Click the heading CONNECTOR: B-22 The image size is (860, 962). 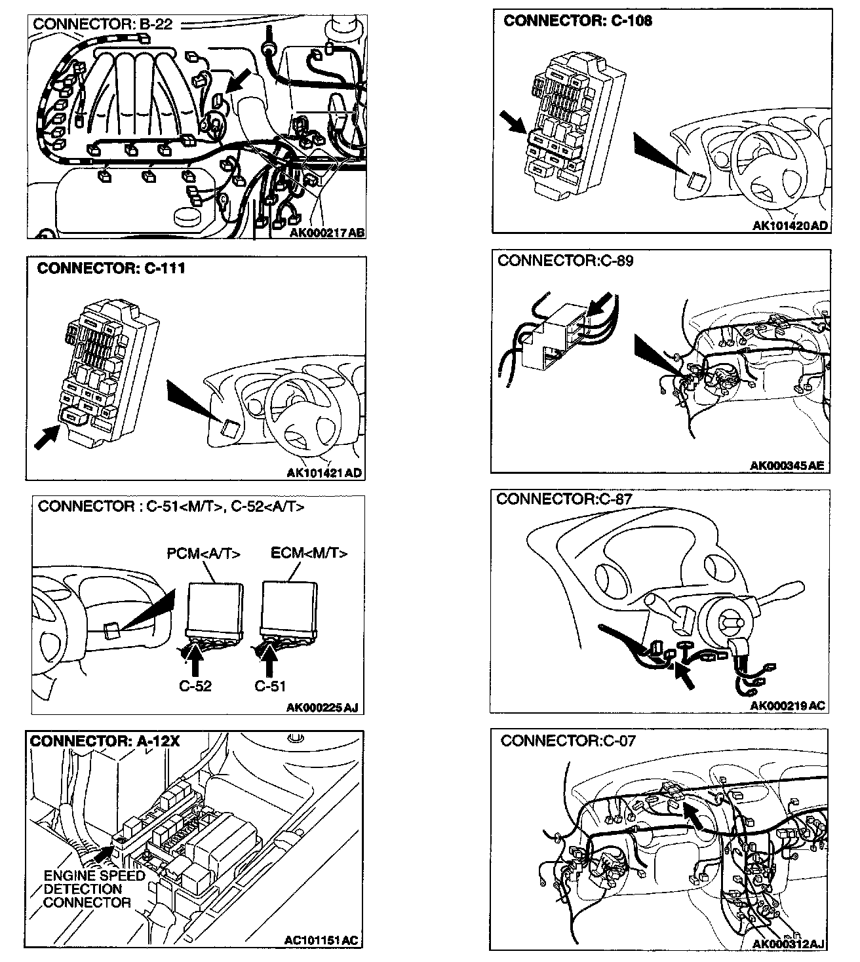(102, 24)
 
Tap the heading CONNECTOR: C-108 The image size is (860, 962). (577, 20)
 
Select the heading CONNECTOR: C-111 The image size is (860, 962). (111, 269)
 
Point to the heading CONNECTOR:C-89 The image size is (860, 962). (565, 261)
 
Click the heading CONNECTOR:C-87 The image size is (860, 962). (564, 499)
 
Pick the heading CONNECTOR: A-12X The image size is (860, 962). (105, 741)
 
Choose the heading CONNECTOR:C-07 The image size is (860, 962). (568, 741)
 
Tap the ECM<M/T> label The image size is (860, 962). (309, 553)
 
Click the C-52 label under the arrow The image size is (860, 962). (195, 687)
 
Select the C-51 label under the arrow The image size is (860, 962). (270, 687)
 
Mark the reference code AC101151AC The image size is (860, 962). (321, 940)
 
